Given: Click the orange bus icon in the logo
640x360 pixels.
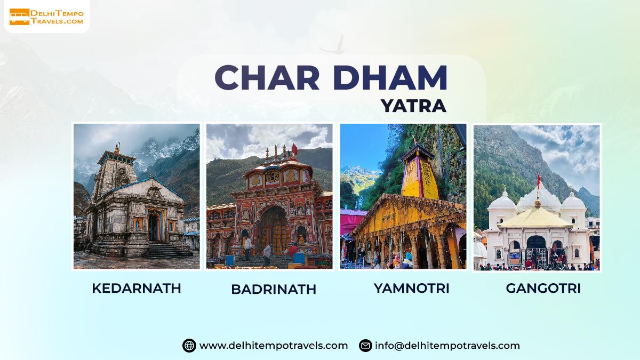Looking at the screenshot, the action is (19, 17).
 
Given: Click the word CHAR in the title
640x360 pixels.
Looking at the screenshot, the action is (267, 77).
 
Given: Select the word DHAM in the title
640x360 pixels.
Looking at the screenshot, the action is (390, 77).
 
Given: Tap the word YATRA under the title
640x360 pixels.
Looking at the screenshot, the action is (413, 106).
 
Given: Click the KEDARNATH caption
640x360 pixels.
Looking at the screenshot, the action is (137, 288).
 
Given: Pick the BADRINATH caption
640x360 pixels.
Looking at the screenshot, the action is (274, 289).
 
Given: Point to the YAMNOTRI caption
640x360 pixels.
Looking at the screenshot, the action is (411, 288).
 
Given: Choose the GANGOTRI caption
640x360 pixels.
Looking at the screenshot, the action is (543, 288).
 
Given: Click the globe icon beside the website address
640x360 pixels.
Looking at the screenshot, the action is (189, 346).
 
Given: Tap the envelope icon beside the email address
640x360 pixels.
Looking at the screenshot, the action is (365, 346).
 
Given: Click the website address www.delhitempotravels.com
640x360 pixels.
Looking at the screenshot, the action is (274, 346).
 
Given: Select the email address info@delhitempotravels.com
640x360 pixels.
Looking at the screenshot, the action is (447, 346).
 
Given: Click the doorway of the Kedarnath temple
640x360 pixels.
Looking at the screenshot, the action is (154, 227).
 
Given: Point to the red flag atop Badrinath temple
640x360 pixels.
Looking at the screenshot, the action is (294, 149).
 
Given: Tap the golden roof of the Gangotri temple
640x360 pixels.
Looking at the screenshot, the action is (536, 218).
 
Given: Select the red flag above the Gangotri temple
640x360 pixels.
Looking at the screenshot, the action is (539, 181).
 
